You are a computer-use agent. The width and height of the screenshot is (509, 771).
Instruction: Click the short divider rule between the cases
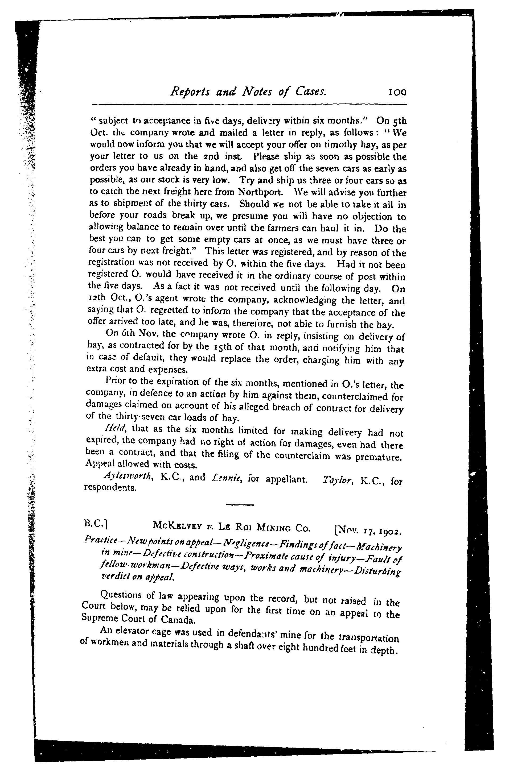(x=240, y=505)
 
